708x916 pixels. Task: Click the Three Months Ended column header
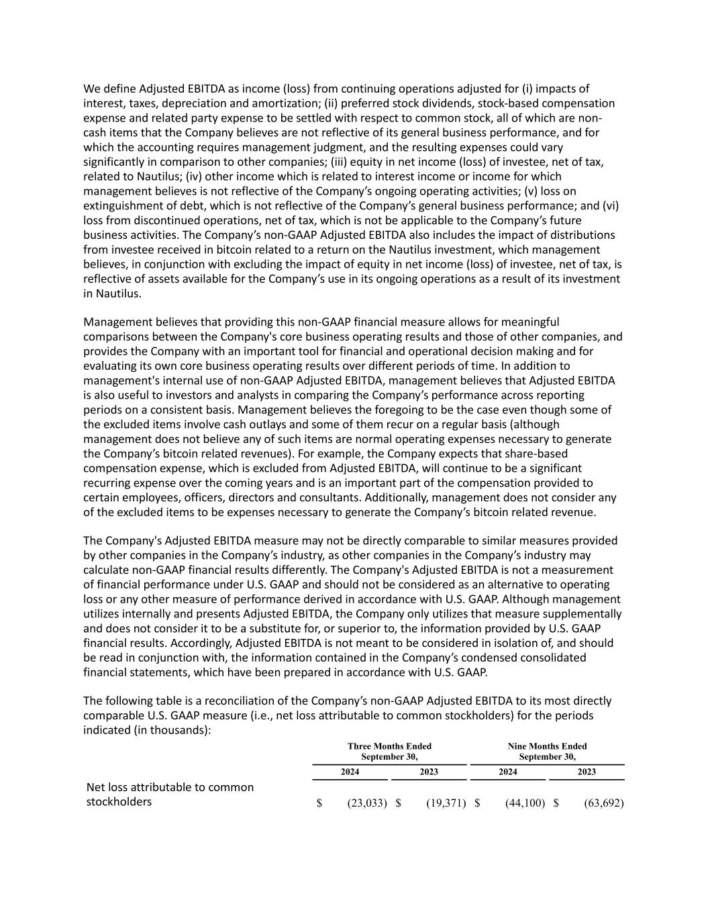(389, 751)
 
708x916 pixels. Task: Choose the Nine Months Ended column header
(547, 751)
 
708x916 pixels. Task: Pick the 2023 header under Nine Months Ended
(587, 772)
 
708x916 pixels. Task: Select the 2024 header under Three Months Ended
(350, 772)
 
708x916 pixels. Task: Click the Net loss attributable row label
(170, 794)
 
